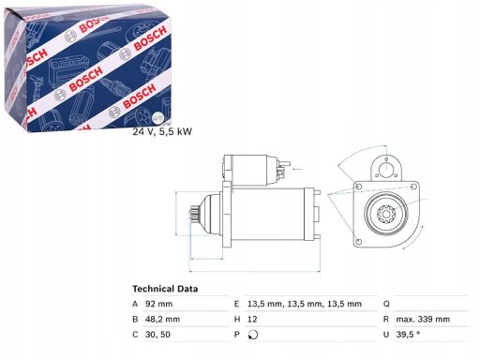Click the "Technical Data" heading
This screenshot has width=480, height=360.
[165, 289]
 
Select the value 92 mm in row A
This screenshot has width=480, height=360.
[158, 304]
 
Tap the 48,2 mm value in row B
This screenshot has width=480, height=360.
[162, 319]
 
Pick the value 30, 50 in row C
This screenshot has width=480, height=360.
[157, 335]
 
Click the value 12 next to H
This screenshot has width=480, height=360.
[252, 319]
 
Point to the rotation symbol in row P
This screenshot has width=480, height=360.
[253, 335]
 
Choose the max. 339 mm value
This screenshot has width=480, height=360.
[423, 319]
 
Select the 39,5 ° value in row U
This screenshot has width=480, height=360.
[408, 335]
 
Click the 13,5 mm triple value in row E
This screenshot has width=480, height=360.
[305, 304]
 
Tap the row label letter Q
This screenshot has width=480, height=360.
[386, 304]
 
